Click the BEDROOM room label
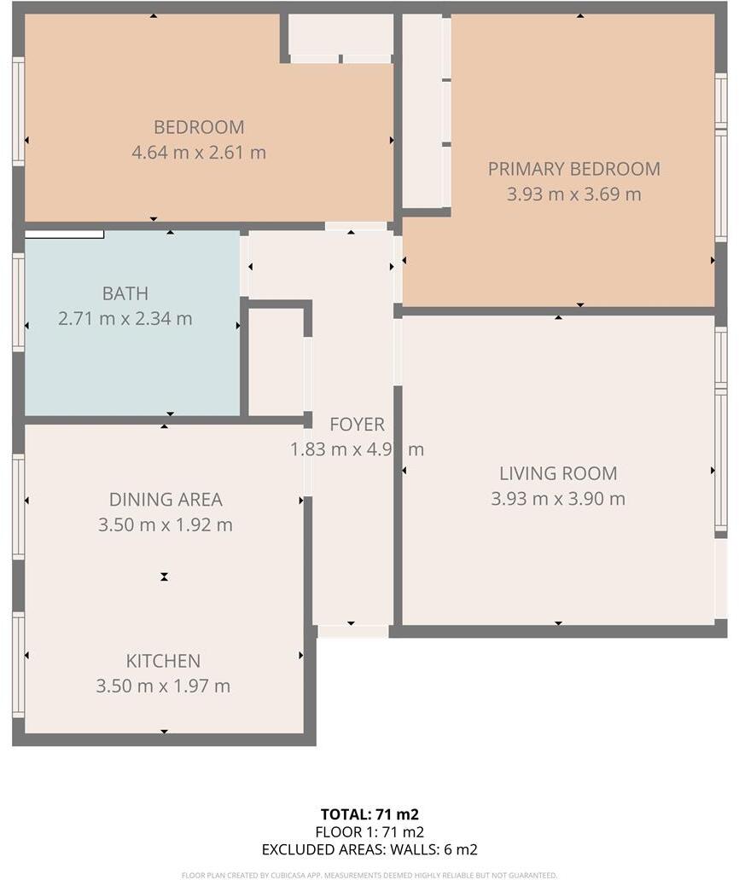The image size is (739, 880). point(199,127)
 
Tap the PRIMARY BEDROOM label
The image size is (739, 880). point(573,169)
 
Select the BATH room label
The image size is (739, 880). point(125,293)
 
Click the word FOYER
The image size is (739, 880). point(357,424)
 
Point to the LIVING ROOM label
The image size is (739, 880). point(558,473)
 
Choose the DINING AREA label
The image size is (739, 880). point(165,500)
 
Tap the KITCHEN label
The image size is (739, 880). point(163,661)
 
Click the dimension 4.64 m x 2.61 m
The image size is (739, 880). point(199,153)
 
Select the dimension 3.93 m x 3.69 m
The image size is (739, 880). point(573,194)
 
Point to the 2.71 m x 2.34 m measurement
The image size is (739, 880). point(125,319)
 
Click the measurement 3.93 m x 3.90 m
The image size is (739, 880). point(558,499)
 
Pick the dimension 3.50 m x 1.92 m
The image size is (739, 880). point(165,525)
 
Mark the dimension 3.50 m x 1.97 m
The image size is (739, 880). point(163,686)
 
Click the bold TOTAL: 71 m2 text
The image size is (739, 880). point(369,814)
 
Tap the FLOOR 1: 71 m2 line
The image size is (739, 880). point(369,832)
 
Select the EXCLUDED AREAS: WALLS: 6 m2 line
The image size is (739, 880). point(369,849)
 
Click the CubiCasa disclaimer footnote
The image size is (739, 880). point(369,875)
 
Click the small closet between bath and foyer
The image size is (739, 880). point(275,362)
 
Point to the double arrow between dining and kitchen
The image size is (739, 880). point(164,577)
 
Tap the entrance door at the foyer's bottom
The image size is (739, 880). point(352,632)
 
